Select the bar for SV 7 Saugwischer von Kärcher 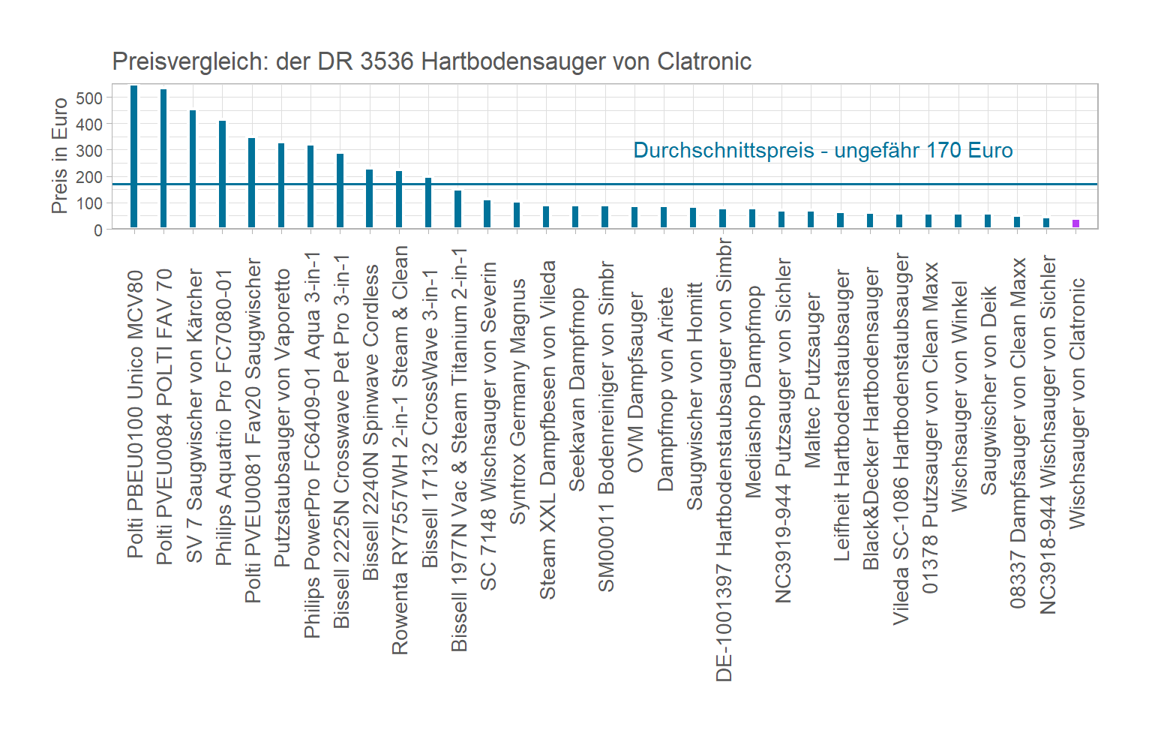point(193,169)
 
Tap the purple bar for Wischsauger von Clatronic point(1075,224)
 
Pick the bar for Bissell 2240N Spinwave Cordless point(369,198)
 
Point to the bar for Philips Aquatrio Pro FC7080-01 point(222,174)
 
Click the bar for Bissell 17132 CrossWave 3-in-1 point(428,203)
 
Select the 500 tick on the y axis point(89,98)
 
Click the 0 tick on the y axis point(98,230)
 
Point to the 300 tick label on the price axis point(89,151)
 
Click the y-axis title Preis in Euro point(60,156)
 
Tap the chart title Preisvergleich point(431,62)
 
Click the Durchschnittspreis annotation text point(823,151)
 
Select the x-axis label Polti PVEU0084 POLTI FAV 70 point(164,416)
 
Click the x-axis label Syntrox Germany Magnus point(517,401)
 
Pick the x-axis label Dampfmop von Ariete point(665,389)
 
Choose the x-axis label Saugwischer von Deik point(988,390)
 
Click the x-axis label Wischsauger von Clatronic point(1077,403)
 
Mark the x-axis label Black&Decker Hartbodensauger point(871,419)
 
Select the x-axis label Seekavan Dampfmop point(577,389)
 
